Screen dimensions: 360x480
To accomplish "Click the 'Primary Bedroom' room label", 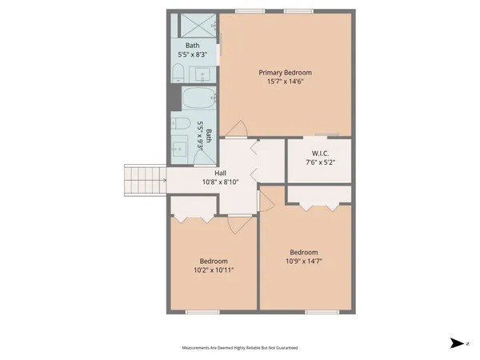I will (x=285, y=72).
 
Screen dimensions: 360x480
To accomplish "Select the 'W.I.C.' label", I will (x=318, y=154).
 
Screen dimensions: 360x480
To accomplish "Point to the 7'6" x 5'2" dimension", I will (x=318, y=163).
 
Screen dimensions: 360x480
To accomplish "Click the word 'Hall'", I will (x=220, y=173).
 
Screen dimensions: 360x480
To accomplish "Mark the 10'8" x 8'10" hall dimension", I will (x=220, y=182).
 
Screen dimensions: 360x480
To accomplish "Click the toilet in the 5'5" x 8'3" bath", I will (x=179, y=74).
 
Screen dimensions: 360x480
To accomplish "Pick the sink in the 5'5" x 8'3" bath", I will (x=204, y=75).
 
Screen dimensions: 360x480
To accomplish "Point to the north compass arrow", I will (x=457, y=343).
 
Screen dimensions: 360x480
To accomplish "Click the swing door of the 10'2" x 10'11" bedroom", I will (x=238, y=225).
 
